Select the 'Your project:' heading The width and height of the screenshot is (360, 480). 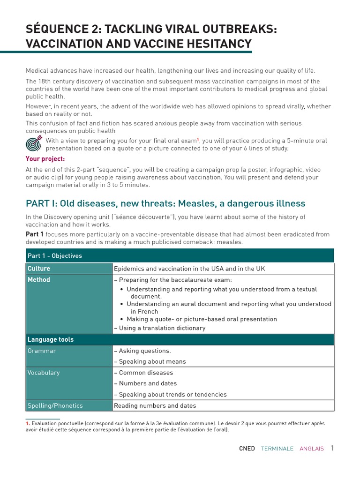[x=45, y=158]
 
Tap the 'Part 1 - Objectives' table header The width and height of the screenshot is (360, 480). [x=55, y=255]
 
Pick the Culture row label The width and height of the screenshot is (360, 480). [x=38, y=269]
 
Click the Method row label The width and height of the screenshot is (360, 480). [x=38, y=280]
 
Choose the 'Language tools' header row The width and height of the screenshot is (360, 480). [x=51, y=339]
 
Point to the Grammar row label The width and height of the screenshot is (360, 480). [x=42, y=351]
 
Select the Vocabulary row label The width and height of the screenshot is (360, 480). [x=44, y=373]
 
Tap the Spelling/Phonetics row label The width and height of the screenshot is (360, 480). [x=55, y=405]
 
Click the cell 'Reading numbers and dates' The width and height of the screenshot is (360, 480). [x=155, y=405]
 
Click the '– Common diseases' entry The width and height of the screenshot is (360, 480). [x=143, y=373]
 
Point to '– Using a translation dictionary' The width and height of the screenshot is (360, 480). [x=159, y=328]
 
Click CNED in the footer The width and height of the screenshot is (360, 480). [x=247, y=449]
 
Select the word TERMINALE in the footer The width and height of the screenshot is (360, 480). [x=277, y=449]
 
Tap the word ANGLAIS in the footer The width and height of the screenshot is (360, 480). [x=312, y=449]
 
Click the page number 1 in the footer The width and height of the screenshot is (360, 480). [x=332, y=448]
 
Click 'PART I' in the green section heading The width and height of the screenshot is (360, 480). [x=41, y=203]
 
